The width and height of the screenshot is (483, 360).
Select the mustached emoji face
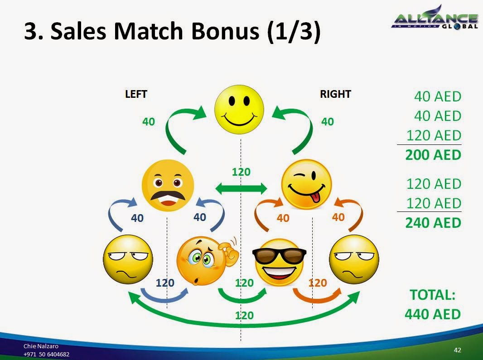168,186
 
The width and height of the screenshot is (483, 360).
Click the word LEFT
136,94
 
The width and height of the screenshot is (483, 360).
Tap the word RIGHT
335,94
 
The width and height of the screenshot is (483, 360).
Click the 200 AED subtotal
433,155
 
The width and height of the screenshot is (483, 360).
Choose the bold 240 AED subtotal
433,222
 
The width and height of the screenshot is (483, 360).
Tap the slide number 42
457,350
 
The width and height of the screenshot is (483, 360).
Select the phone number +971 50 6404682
47,354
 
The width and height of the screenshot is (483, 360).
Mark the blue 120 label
165,283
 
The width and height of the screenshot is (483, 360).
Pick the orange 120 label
317,283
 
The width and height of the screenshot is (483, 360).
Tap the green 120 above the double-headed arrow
241,172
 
